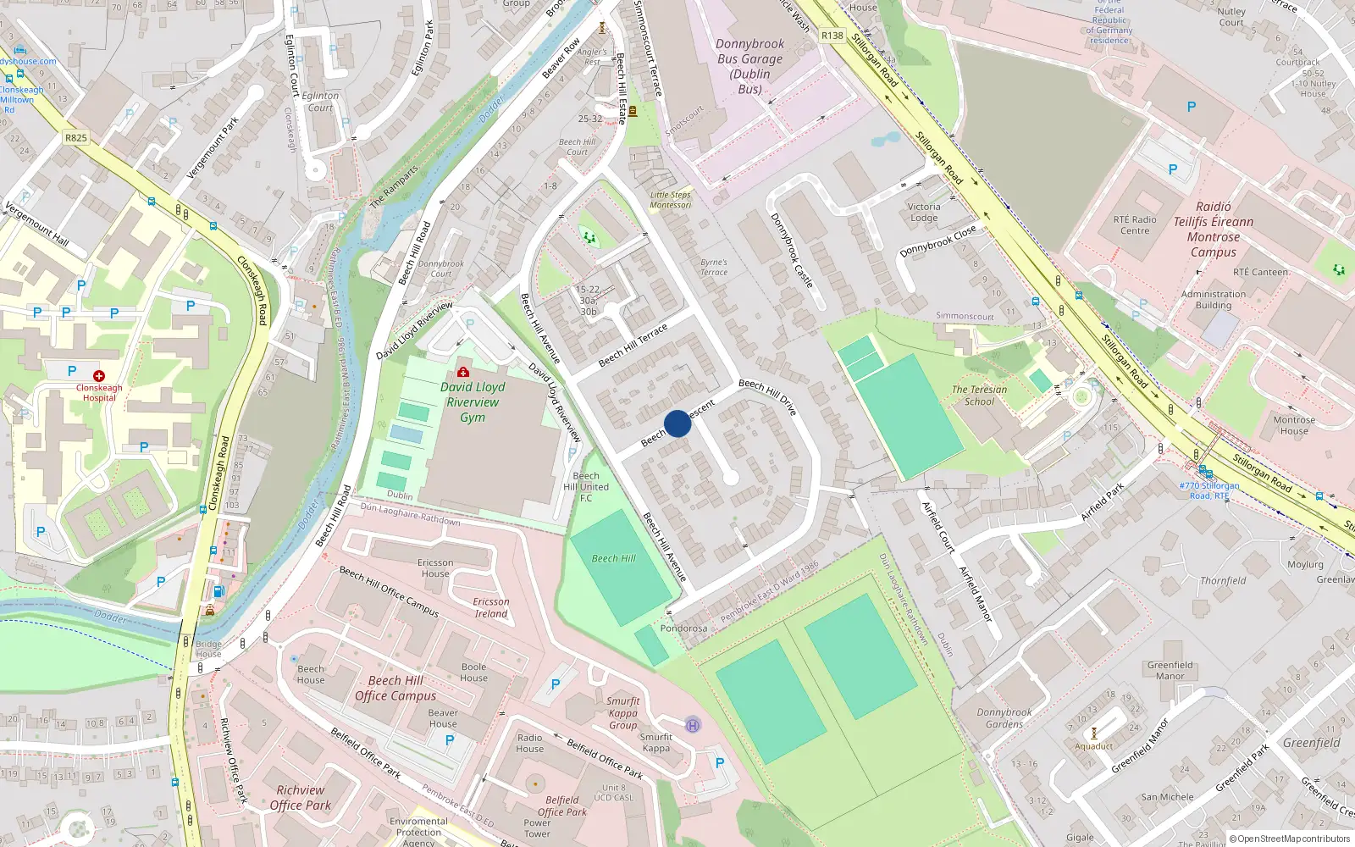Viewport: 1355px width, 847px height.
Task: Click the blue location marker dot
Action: click(x=677, y=423)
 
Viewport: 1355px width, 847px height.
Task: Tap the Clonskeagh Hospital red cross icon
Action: click(x=99, y=375)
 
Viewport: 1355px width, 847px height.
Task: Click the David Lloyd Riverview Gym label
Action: click(x=473, y=402)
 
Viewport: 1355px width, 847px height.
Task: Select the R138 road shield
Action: click(x=832, y=36)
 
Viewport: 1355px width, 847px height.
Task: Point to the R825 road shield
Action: click(x=76, y=137)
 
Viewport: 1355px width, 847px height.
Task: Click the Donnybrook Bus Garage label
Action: click(x=749, y=66)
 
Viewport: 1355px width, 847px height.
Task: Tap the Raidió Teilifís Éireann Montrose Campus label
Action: click(x=1213, y=230)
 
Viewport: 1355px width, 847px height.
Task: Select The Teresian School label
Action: click(x=979, y=396)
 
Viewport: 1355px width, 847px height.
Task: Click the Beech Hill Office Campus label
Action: click(x=395, y=688)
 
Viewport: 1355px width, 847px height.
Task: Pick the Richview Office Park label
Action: click(x=301, y=798)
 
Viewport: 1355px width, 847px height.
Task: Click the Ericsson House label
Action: click(x=435, y=567)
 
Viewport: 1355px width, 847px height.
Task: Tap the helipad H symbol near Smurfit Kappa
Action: click(x=693, y=725)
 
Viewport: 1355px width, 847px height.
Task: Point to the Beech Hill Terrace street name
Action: click(x=633, y=345)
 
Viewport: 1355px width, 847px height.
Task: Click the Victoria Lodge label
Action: click(x=924, y=212)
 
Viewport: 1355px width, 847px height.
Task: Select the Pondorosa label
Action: click(x=683, y=628)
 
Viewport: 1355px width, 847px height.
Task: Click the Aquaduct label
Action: click(x=1093, y=746)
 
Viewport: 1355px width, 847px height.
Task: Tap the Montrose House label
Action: click(x=1294, y=425)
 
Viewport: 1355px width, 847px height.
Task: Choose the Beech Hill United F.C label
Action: click(x=586, y=487)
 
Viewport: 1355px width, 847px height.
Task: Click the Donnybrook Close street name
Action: click(x=937, y=241)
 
